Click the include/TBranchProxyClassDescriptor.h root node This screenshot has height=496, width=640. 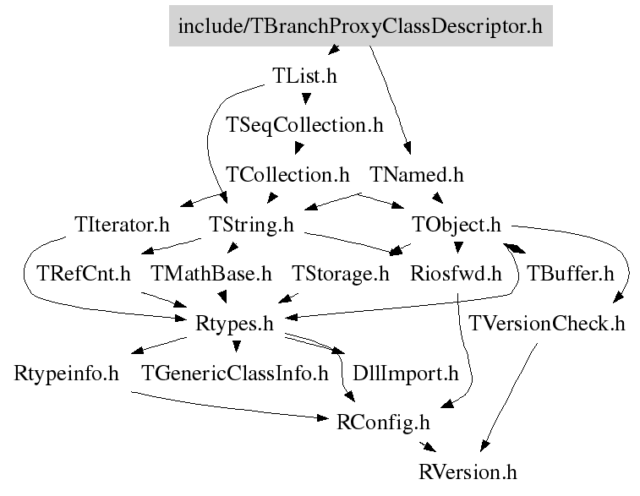click(359, 26)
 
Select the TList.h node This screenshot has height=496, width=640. click(305, 75)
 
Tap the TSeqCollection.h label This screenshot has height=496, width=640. click(305, 125)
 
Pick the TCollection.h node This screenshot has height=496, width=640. click(288, 175)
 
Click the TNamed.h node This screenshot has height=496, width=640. click(417, 175)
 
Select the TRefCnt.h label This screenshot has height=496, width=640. click(85, 274)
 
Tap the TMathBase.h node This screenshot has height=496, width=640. click(211, 274)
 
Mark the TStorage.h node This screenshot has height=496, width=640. click(341, 274)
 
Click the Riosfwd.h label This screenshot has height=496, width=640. click(456, 274)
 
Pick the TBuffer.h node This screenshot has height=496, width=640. click(570, 274)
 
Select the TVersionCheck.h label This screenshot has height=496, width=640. click(547, 323)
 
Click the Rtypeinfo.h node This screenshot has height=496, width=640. click(67, 372)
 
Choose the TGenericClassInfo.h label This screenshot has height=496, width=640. click(235, 372)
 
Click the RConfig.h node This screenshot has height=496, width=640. click(383, 421)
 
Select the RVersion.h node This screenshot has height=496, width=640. click(468, 471)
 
